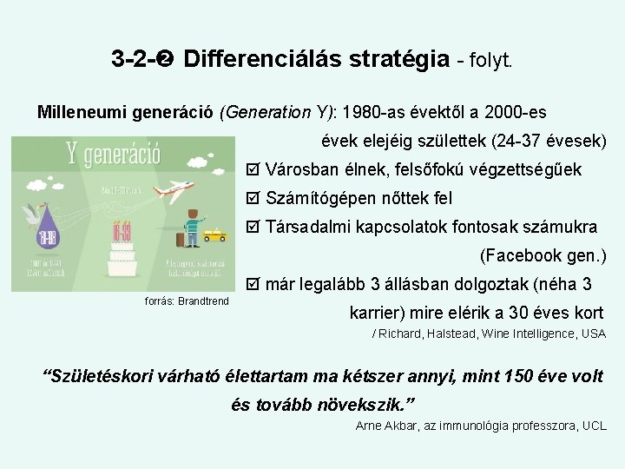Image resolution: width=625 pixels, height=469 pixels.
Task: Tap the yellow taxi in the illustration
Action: click(x=214, y=234)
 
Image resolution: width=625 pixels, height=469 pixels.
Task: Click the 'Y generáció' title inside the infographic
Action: click(x=113, y=156)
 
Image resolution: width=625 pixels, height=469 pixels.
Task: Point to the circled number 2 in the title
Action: click(x=167, y=60)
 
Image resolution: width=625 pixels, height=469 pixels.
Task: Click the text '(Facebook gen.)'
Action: click(x=543, y=255)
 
